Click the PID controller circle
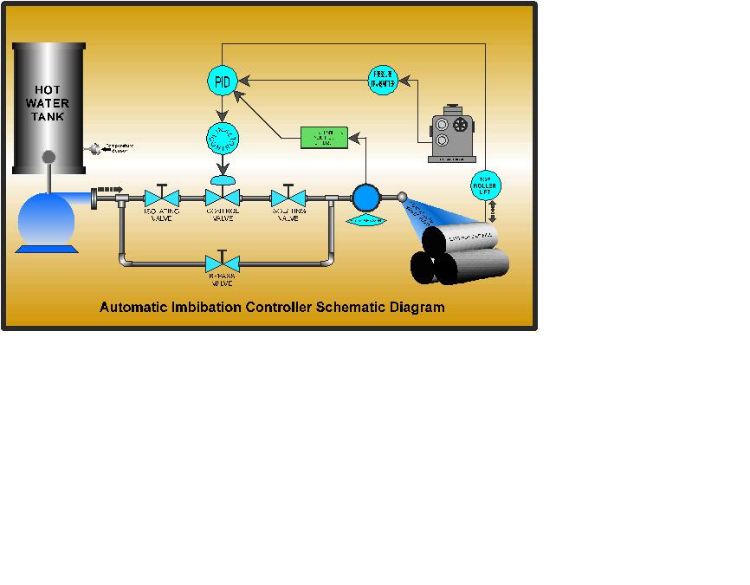pos(222,81)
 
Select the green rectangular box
pos(324,137)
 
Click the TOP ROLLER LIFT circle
pos(484,184)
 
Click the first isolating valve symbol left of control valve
pos(161,198)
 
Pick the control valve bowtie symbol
pos(223,198)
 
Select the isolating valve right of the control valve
pos(288,198)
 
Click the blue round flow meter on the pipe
pos(366,198)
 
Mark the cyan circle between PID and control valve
pos(223,138)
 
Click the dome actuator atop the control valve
pos(223,179)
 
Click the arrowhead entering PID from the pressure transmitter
pos(242,81)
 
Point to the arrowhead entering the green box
pos(352,136)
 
